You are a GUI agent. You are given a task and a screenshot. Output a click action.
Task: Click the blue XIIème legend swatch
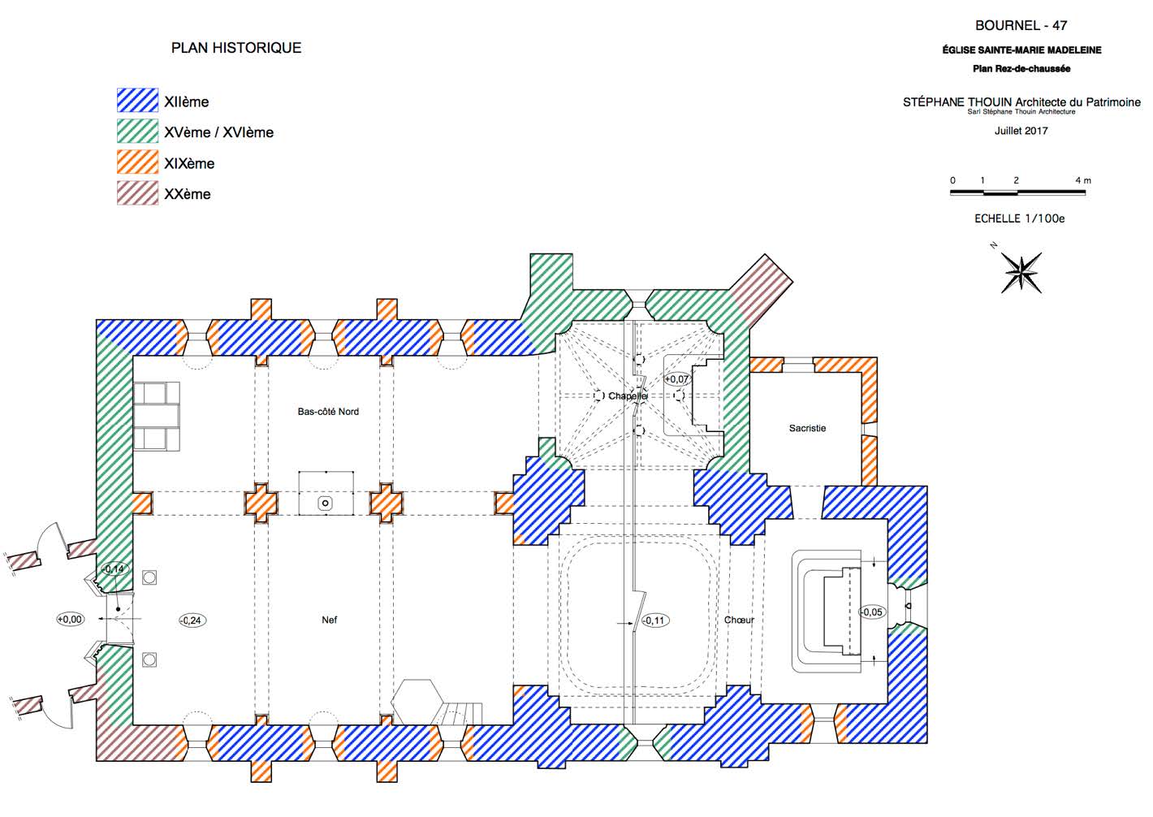[x=137, y=101]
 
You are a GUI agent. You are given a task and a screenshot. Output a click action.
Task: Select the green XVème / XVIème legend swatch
[x=137, y=132]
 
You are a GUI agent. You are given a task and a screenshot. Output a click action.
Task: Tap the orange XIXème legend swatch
[x=137, y=162]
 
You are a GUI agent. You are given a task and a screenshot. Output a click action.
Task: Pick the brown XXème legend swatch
[x=137, y=193]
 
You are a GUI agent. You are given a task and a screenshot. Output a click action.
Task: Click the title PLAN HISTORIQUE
[x=236, y=48]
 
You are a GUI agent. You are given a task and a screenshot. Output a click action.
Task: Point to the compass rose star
[x=1021, y=273]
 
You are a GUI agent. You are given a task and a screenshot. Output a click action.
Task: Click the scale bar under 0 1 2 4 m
[x=1017, y=192]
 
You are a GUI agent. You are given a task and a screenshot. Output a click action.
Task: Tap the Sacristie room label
[x=807, y=428]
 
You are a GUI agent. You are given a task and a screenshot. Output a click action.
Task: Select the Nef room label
[x=330, y=620]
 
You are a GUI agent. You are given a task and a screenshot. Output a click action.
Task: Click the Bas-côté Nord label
[x=328, y=411]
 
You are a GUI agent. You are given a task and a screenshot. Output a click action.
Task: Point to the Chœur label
[x=739, y=620]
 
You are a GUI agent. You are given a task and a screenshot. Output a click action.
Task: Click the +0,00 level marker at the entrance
[x=70, y=619]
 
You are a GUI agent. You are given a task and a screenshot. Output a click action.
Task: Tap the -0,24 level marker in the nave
[x=192, y=620]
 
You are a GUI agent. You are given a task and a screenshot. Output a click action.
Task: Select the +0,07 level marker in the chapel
[x=676, y=379]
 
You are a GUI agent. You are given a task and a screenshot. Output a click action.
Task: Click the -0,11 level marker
[x=654, y=620]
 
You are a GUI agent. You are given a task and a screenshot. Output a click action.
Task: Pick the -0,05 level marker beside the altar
[x=872, y=612]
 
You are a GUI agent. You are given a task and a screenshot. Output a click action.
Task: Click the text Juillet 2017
[x=1021, y=131]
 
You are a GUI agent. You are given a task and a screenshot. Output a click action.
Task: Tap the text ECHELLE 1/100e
[x=1020, y=218]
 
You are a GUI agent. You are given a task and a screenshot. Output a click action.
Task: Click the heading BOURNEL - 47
[x=1021, y=25]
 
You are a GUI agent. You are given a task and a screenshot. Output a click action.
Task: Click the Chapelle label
[x=628, y=396]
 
